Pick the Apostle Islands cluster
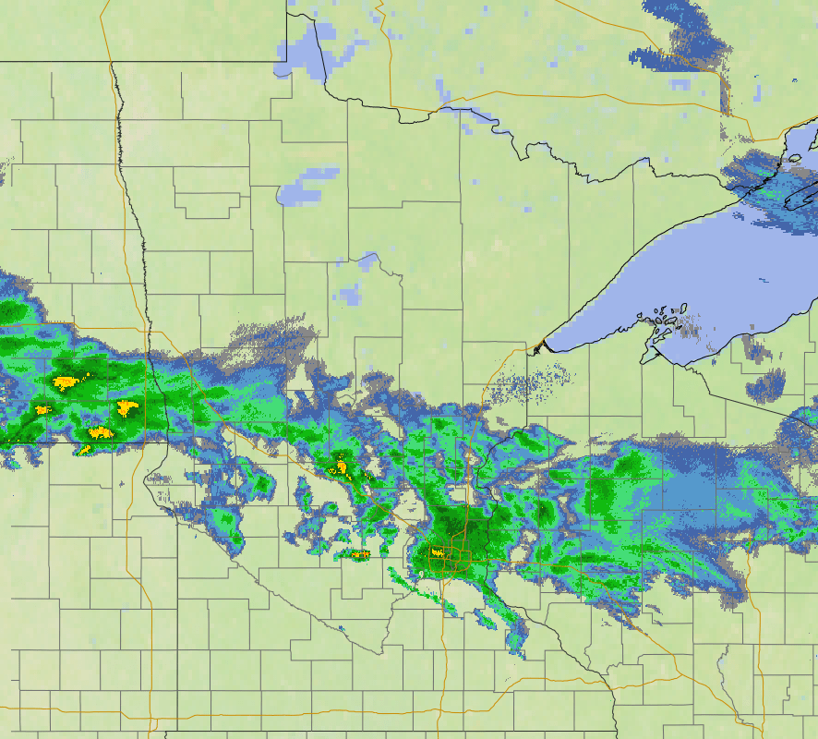pyautogui.click(x=665, y=323)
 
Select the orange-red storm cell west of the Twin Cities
pyautogui.click(x=360, y=554)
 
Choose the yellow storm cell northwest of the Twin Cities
pyautogui.click(x=342, y=467)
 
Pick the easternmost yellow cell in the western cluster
pyautogui.click(x=126, y=406)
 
